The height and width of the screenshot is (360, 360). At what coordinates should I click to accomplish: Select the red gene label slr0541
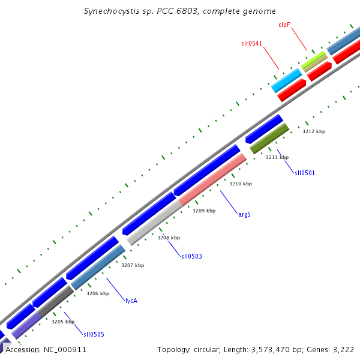point(251,44)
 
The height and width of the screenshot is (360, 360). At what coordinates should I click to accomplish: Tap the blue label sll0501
point(304,173)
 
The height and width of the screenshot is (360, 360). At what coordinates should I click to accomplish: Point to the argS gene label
point(244,214)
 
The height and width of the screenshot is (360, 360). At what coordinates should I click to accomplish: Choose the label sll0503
point(191,256)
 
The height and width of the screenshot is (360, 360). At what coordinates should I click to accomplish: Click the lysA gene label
point(131,301)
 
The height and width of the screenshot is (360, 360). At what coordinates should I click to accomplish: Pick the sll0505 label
point(94,334)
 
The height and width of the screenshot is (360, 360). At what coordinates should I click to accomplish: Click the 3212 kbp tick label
point(314,131)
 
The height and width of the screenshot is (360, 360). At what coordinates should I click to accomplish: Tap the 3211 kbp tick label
point(277,157)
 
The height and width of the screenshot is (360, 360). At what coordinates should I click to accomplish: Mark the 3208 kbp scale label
point(169,238)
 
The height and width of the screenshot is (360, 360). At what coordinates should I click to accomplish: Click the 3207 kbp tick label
point(133,265)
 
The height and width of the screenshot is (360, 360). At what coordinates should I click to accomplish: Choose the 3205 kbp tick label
point(63,322)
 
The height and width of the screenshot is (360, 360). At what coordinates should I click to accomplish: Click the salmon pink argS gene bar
point(212,179)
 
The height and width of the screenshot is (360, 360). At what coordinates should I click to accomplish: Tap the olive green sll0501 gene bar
point(269,138)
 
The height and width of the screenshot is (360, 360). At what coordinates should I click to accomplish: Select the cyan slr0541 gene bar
point(286,80)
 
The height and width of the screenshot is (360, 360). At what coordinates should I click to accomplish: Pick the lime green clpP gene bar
point(314,59)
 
